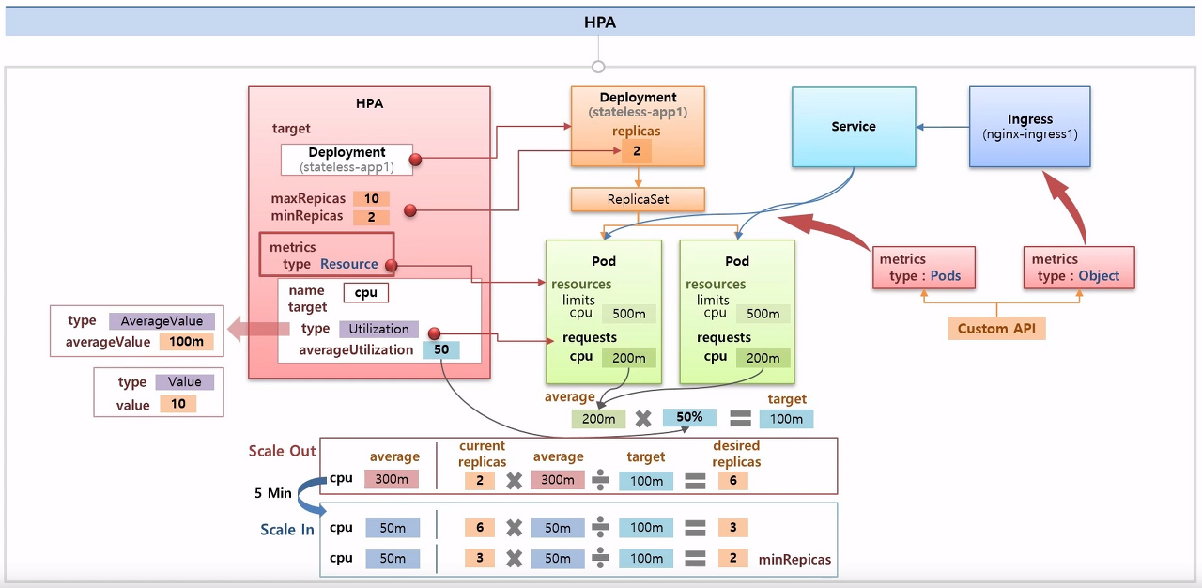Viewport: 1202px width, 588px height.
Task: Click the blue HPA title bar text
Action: [600, 22]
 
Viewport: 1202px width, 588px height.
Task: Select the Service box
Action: [854, 127]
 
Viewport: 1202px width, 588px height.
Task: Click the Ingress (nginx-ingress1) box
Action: [1029, 127]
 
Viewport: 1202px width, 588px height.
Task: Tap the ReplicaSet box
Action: [639, 199]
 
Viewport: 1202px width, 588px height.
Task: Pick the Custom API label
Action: [996, 329]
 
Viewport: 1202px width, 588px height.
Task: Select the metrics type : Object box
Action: [1078, 268]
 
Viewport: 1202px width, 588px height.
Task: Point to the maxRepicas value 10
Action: [371, 199]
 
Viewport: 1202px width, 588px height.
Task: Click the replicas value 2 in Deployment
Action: [636, 150]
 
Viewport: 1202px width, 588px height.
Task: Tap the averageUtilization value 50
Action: [440, 349]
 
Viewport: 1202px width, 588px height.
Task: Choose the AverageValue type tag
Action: [162, 321]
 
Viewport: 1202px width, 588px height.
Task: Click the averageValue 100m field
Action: [186, 342]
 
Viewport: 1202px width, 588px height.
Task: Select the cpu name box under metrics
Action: [365, 292]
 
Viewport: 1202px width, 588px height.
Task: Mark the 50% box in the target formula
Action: [688, 417]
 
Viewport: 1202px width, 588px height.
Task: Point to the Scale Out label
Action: [282, 451]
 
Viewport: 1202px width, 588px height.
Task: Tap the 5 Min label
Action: [273, 493]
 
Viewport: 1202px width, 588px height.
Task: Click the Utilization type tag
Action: [378, 329]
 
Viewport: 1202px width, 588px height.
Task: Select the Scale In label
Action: [287, 530]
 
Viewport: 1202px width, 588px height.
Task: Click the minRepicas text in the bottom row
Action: [794, 559]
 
